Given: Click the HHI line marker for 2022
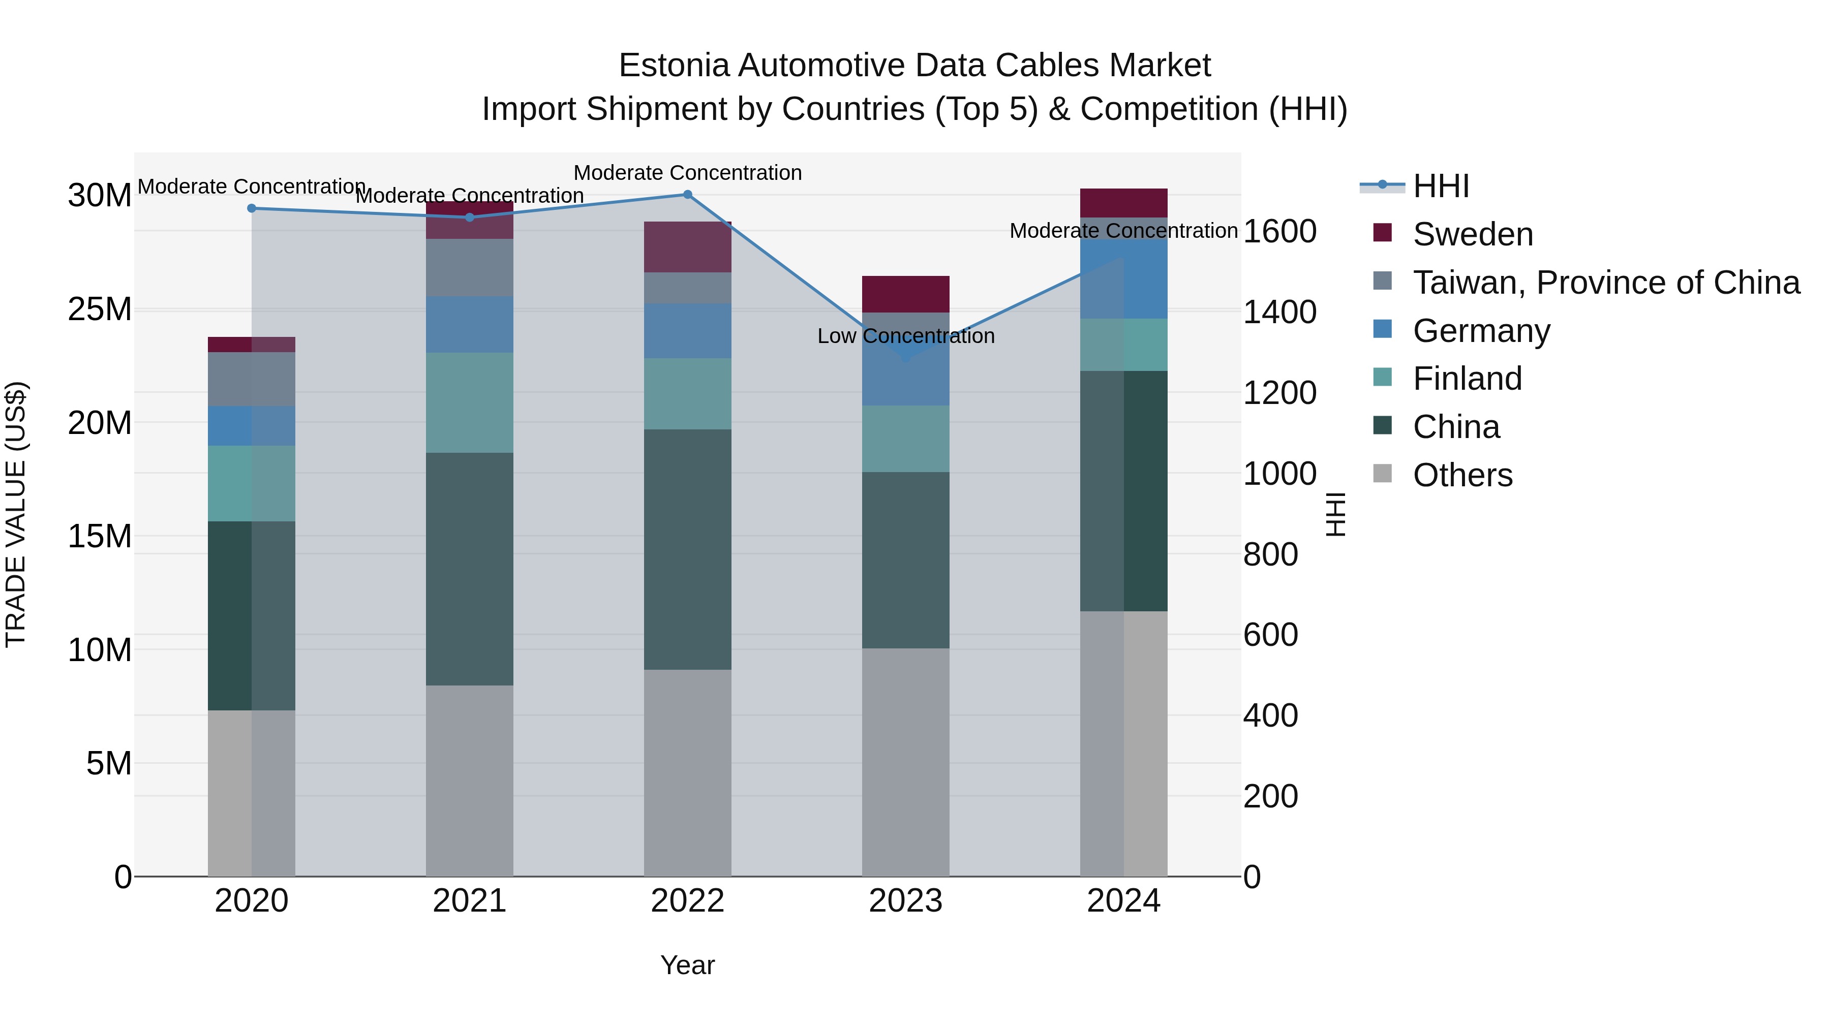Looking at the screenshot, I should [687, 195].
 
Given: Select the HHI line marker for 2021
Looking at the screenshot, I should [470, 217].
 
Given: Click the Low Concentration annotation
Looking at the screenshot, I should [906, 336].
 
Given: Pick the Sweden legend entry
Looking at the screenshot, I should [1473, 234].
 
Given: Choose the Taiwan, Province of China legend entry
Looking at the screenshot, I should [1605, 283].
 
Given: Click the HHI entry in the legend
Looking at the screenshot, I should [1440, 186].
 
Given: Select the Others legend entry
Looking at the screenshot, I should [1462, 475].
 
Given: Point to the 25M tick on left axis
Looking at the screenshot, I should [100, 309].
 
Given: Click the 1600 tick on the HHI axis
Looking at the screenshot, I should [1279, 232].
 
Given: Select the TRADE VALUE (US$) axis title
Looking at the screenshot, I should [16, 514].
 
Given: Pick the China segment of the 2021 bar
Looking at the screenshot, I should [470, 569].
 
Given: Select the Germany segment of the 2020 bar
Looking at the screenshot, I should [252, 426].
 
